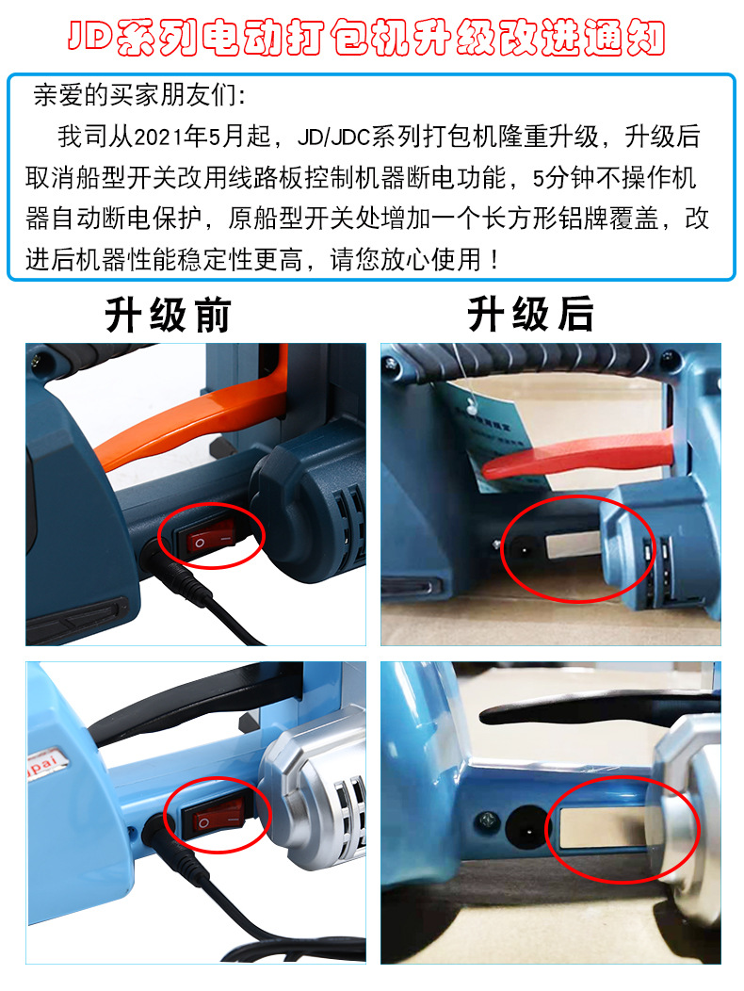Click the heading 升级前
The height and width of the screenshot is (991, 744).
(167, 316)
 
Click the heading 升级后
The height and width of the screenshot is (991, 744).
(530, 316)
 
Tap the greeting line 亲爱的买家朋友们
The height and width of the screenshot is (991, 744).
(140, 96)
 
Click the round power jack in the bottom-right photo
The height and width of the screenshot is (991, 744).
(523, 827)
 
